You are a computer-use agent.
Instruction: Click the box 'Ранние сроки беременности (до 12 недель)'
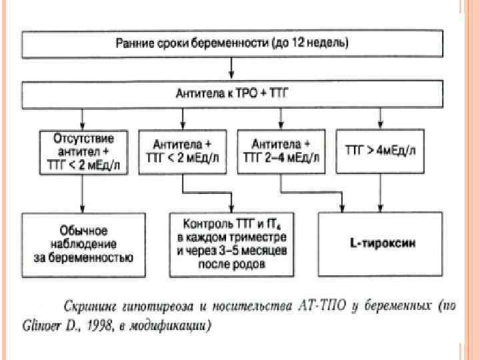pyautogui.click(x=231, y=45)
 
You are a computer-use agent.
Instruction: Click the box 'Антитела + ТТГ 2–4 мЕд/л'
pyautogui.click(x=281, y=152)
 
